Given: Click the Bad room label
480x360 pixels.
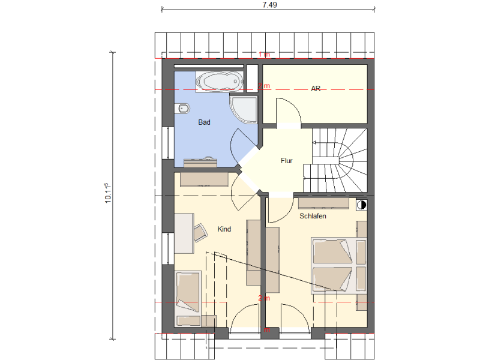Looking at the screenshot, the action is point(204,122).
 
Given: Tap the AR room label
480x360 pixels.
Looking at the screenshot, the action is point(316,88).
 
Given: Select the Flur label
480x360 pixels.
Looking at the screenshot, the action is point(287,161).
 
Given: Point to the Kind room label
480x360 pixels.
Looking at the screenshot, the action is point(224,229).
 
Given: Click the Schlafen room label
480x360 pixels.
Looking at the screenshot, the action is point(313,216).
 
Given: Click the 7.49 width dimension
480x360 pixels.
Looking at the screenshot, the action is point(269,5).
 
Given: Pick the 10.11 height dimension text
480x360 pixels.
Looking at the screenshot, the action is point(108,193).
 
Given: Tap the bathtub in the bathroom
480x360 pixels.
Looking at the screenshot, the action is point(220,82).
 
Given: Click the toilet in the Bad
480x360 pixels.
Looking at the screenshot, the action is point(182,109).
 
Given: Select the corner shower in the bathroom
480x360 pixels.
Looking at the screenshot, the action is point(244,110).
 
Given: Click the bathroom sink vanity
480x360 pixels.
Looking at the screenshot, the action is point(200,163).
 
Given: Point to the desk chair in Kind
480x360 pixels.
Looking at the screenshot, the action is point(200,232).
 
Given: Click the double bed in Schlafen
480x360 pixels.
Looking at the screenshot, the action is point(339,265).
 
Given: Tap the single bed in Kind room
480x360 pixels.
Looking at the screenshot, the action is point(188,299).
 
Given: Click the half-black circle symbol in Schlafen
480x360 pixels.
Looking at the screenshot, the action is point(362,205).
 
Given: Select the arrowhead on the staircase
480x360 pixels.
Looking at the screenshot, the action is point(314,142).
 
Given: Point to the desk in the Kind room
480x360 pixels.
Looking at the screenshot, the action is point(184,233).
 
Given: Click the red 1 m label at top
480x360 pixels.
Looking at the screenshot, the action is point(265,55).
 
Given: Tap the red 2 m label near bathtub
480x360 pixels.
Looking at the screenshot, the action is point(264,86).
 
